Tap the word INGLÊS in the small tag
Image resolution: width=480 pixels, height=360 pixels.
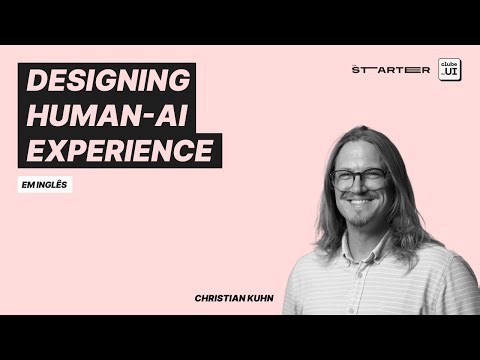[x=56, y=185]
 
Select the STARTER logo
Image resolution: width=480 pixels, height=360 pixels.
[x=391, y=70]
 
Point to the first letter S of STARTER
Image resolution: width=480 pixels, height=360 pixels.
[x=357, y=70]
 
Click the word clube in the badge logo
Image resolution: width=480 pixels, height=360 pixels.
[x=450, y=62]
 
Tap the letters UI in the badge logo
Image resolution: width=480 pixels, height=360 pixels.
[x=451, y=72]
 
